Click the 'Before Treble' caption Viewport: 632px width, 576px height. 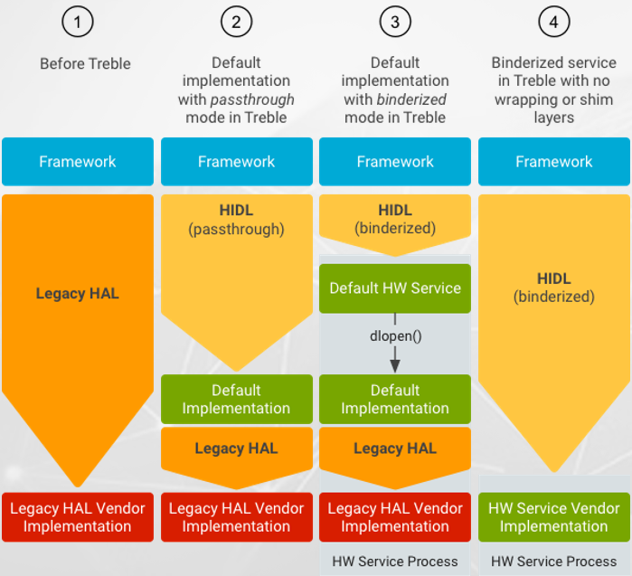(85, 63)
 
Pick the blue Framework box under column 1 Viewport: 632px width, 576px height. (78, 162)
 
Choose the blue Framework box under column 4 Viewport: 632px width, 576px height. (553, 162)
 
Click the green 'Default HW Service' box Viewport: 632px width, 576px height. (395, 288)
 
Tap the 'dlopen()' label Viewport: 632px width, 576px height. (395, 334)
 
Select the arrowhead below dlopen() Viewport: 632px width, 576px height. (395, 364)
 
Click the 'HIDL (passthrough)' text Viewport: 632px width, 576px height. (236, 220)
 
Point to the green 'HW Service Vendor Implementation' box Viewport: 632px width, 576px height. (553, 517)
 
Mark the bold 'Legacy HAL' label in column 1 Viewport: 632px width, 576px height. (78, 293)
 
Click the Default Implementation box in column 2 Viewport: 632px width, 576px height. (236, 399)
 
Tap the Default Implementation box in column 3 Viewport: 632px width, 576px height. (395, 399)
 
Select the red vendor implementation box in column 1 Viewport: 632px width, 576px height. (78, 517)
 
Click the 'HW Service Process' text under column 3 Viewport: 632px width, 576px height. (395, 562)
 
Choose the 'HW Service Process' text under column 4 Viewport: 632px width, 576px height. (553, 562)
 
